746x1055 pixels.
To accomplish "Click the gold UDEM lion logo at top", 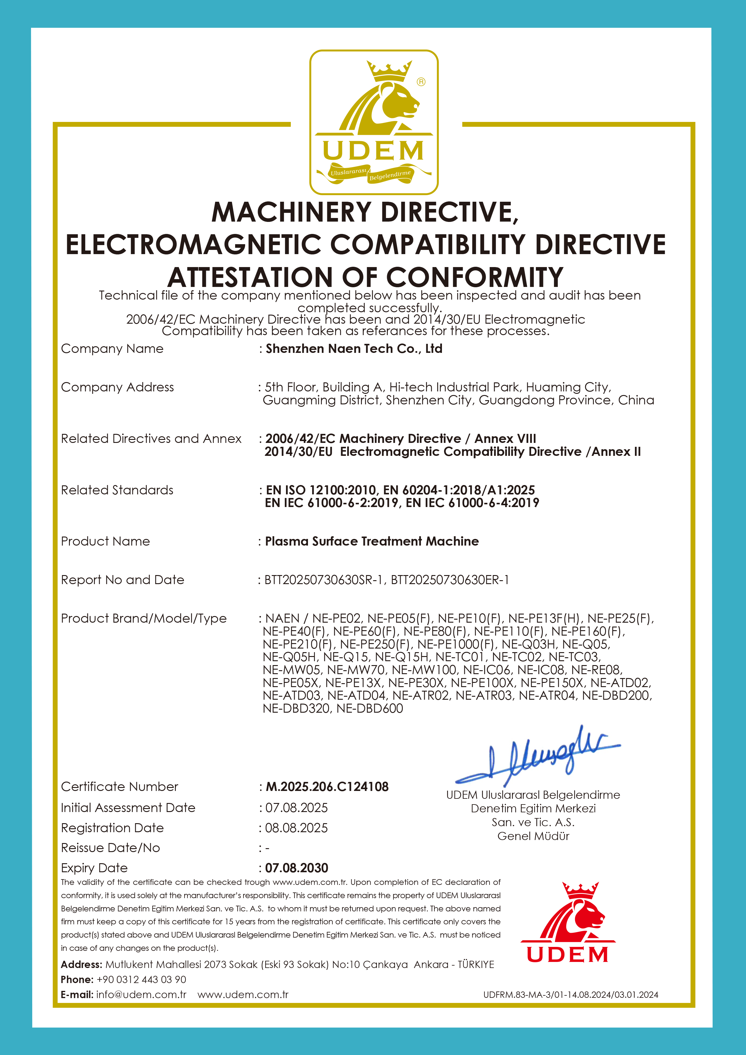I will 374,122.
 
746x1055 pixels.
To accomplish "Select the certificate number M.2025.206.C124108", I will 327,787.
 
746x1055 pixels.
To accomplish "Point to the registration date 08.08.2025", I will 296,828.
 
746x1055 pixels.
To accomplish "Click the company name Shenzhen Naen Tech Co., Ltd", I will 354,349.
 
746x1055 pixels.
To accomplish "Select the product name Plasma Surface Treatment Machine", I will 371,541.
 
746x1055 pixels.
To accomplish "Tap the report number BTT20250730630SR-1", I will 324,580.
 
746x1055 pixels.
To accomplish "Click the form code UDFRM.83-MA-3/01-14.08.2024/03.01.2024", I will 570,995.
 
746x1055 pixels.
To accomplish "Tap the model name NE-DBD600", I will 369,708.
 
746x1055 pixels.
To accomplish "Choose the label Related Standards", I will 117,490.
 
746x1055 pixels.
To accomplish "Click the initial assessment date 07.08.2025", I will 296,808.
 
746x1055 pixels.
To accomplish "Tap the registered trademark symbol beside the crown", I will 421,82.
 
